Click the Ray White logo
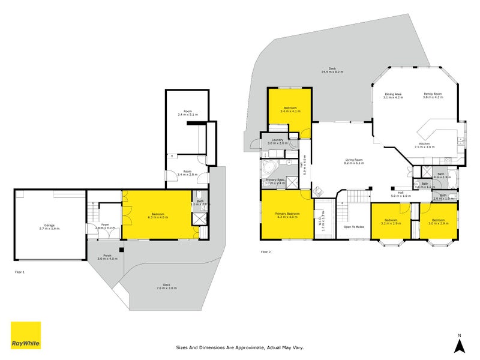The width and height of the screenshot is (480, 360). (26, 335)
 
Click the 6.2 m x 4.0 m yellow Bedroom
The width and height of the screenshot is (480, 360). (157, 215)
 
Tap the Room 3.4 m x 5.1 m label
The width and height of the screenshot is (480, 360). (188, 113)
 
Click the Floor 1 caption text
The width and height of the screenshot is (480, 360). (19, 272)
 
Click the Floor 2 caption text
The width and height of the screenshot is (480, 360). (266, 251)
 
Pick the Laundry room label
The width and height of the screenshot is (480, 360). (277, 142)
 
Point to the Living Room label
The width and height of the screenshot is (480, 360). (355, 161)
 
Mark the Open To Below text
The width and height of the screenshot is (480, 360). (354, 227)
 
